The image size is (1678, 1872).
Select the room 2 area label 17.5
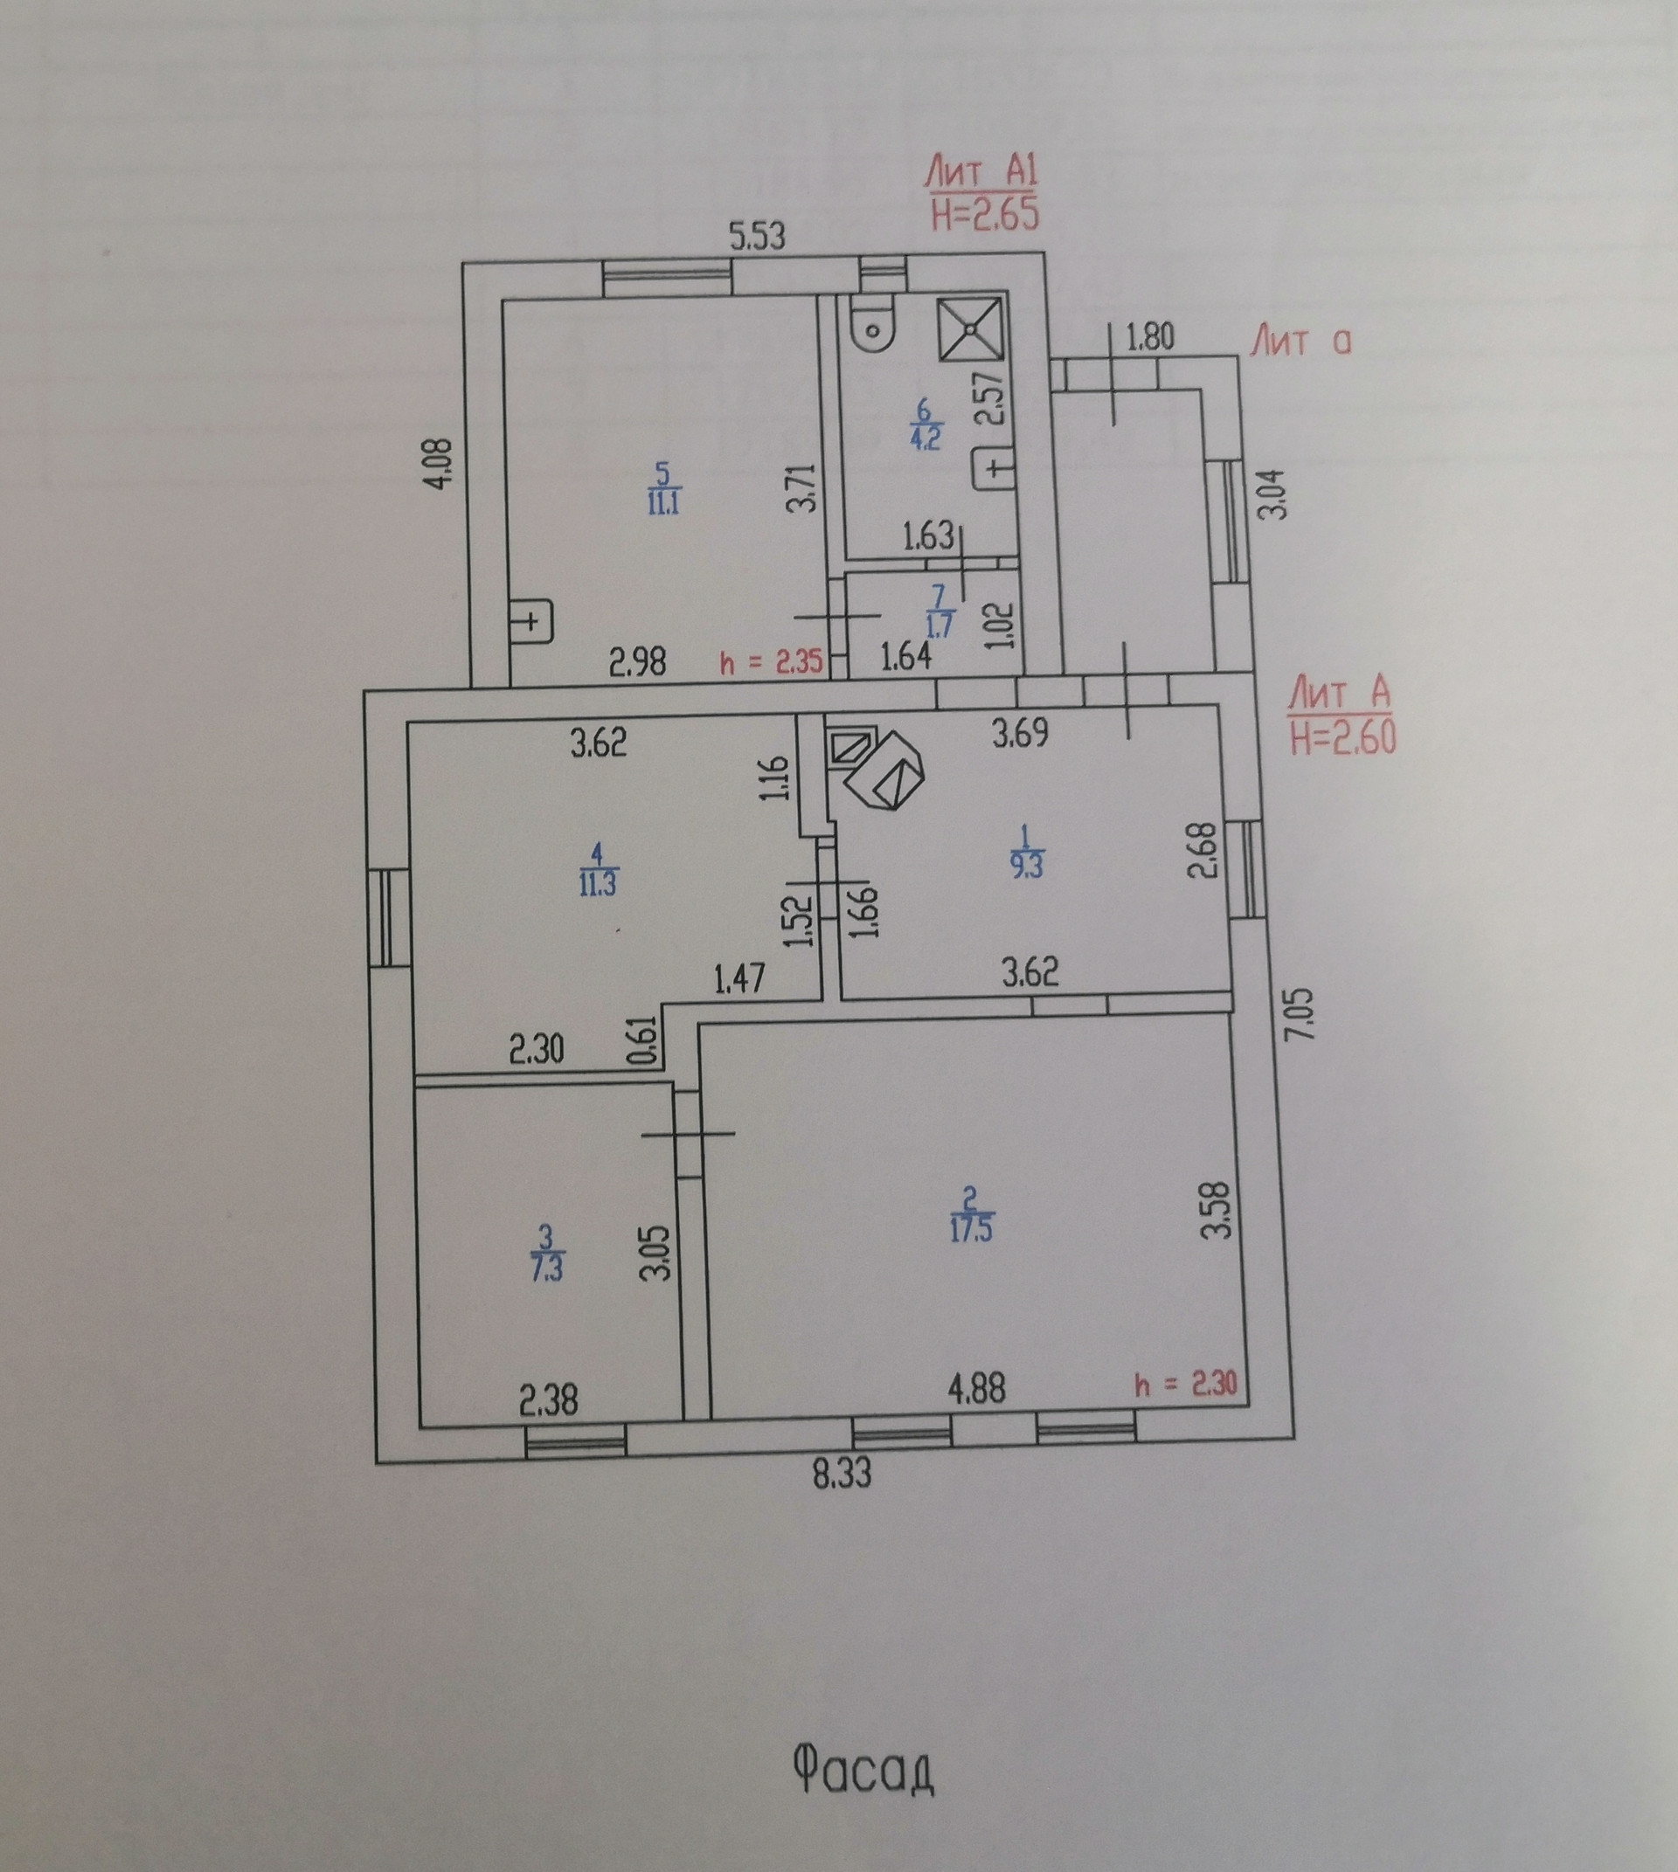pyautogui.click(x=968, y=1233)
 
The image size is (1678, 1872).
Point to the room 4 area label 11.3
pyautogui.click(x=599, y=882)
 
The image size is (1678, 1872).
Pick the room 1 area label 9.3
pyautogui.click(x=1024, y=867)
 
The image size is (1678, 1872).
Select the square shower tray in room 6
pyautogui.click(x=971, y=328)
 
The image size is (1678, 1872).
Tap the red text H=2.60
pyautogui.click(x=1343, y=738)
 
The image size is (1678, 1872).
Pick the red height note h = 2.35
pyautogui.click(x=771, y=665)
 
